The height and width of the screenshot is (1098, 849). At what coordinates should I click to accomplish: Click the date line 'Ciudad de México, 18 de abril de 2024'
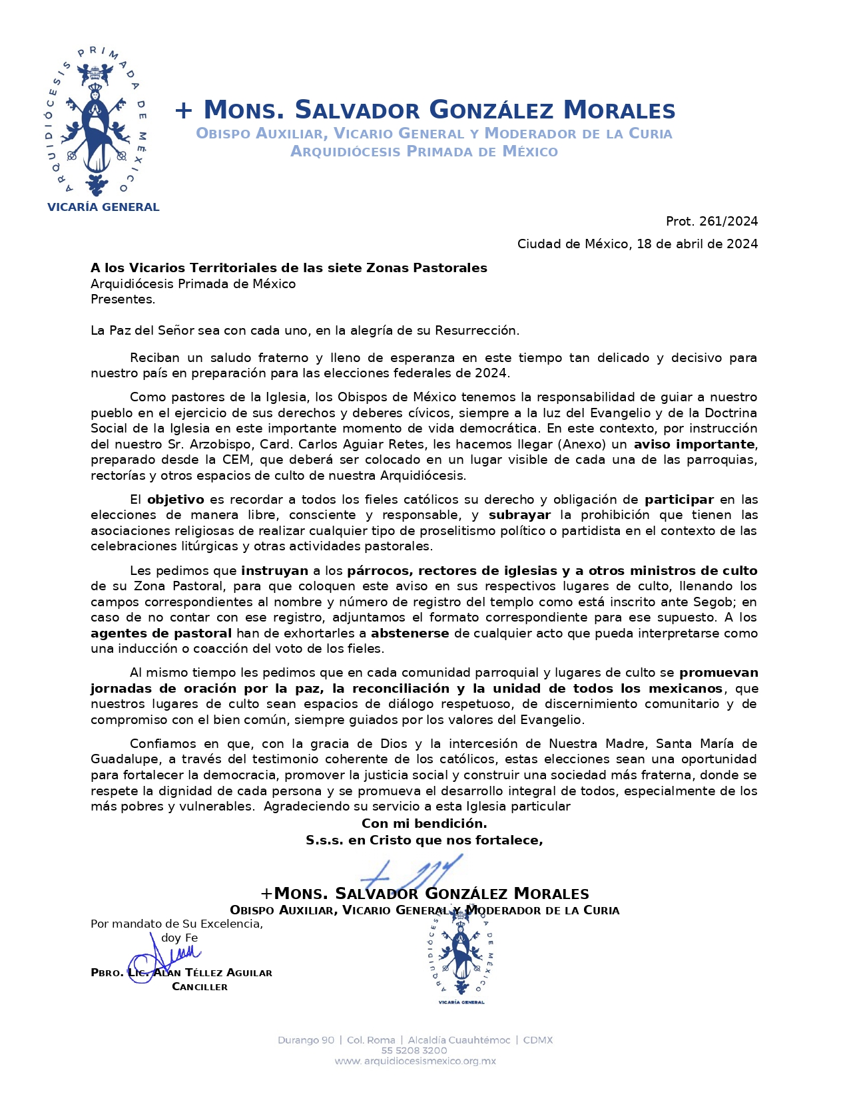tap(637, 244)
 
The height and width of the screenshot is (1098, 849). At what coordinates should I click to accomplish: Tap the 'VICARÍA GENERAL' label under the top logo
tap(103, 208)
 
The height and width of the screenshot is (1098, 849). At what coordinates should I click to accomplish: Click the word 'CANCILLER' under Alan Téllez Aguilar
tap(200, 987)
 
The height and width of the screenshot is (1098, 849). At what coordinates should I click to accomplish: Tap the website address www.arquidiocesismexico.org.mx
tap(415, 1061)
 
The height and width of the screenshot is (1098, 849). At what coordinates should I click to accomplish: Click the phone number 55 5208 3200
tap(414, 1051)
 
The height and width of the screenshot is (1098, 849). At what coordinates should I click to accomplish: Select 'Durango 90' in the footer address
tap(306, 1040)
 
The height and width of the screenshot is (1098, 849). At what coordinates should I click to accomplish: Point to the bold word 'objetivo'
tap(176, 500)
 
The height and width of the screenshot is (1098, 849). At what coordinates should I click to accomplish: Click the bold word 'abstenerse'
tap(410, 634)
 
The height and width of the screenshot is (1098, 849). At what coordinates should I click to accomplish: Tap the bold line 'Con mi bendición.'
tap(424, 824)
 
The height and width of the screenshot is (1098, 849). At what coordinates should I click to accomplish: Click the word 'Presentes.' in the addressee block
tap(123, 299)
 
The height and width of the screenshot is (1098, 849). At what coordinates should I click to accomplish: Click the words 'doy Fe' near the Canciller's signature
tap(179, 938)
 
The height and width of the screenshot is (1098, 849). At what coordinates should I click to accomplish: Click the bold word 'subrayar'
tap(519, 515)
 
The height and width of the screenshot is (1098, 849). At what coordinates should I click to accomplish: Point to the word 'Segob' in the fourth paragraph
tap(716, 602)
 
